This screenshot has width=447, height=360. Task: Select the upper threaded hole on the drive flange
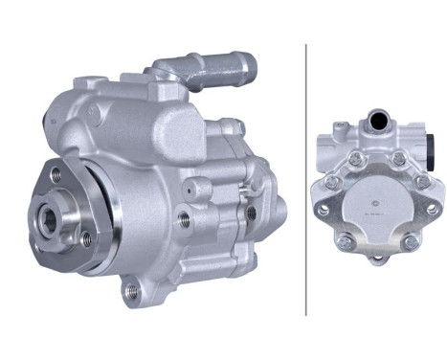57,173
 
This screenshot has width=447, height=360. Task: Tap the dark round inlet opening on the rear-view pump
380,121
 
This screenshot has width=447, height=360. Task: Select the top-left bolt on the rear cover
355,158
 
